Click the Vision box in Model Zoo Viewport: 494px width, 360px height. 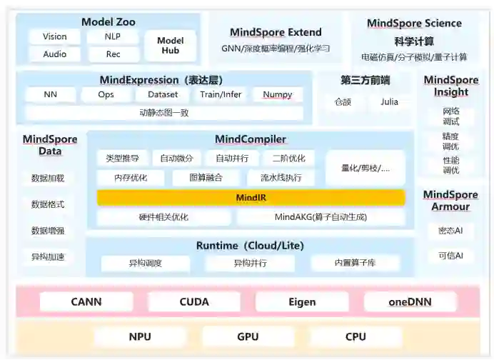55,36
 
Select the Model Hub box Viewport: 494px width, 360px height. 170,46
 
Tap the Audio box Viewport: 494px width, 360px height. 55,54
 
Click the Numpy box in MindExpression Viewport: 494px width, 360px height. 277,94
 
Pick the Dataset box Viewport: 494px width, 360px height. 163,94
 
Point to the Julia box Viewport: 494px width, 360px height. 389,102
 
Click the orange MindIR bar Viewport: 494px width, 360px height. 251,197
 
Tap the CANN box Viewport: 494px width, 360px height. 86,301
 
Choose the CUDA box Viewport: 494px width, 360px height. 194,301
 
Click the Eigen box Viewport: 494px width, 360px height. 302,301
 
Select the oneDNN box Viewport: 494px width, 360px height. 410,301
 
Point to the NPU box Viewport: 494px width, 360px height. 140,336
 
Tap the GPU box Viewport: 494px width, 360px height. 248,336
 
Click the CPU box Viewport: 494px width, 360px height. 355,336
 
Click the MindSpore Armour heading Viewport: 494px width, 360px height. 450,201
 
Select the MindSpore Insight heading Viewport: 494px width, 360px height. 450,86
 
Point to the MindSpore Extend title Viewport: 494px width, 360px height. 276,32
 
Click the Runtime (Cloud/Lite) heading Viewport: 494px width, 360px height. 250,246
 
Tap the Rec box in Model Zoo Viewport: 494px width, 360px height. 113,54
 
